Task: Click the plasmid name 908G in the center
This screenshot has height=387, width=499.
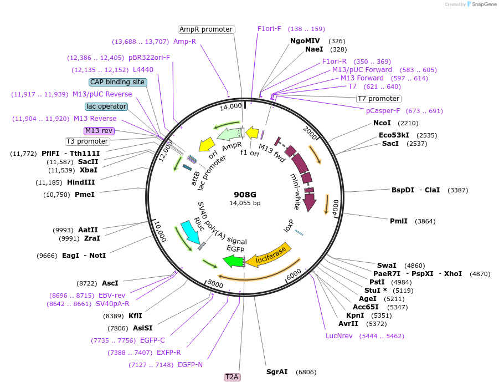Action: point(244,195)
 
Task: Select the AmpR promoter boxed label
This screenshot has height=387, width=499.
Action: point(206,29)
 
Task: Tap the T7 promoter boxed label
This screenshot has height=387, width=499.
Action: point(379,99)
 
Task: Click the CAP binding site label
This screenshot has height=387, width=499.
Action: point(117,82)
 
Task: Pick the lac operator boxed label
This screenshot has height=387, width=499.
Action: point(106,106)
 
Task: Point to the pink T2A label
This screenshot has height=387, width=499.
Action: point(232,377)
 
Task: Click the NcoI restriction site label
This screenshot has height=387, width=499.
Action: point(382,123)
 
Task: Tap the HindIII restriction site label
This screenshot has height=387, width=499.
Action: point(81,182)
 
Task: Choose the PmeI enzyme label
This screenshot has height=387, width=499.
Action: point(84,195)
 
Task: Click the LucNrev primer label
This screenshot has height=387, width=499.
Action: point(339,336)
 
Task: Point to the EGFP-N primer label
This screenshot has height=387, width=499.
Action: point(190,365)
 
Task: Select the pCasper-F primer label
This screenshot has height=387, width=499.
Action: point(379,111)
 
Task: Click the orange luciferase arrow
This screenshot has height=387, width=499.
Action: point(269,254)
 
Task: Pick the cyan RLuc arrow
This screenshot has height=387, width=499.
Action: point(189,233)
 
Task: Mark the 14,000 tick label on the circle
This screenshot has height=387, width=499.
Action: point(231,106)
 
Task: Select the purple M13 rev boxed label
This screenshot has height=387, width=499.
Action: point(99,131)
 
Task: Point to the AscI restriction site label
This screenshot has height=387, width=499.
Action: point(110,283)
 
